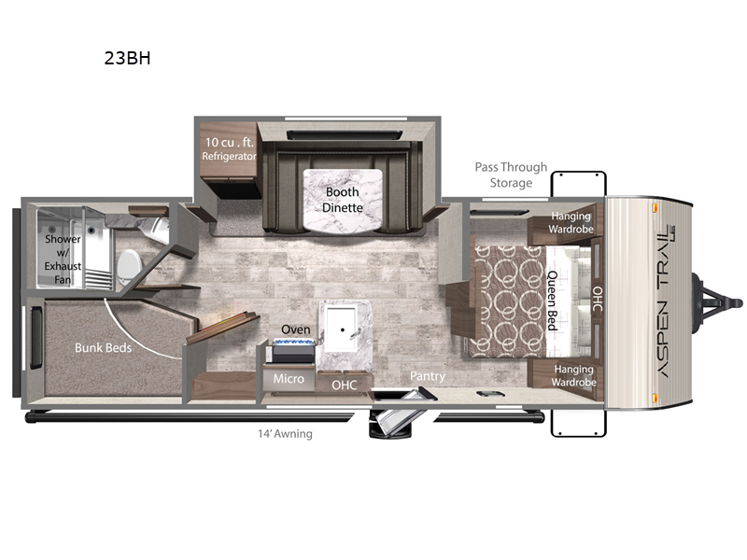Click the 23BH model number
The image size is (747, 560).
127,58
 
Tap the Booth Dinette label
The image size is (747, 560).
343,200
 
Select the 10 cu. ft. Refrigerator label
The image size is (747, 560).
229,148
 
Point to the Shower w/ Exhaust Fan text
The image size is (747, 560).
63,259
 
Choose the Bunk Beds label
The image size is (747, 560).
103,347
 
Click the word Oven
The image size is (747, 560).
295,329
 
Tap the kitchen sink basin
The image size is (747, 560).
340,329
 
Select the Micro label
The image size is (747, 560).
289,379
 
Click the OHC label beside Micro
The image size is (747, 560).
344,385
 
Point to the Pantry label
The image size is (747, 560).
428,376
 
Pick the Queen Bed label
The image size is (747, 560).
552,301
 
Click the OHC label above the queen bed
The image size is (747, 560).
598,299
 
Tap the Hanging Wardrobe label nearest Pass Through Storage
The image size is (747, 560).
571,222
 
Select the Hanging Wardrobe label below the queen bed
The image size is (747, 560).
573,375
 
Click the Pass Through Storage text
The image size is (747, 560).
511,175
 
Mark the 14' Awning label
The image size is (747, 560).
285,434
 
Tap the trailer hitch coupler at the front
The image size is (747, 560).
720,302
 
